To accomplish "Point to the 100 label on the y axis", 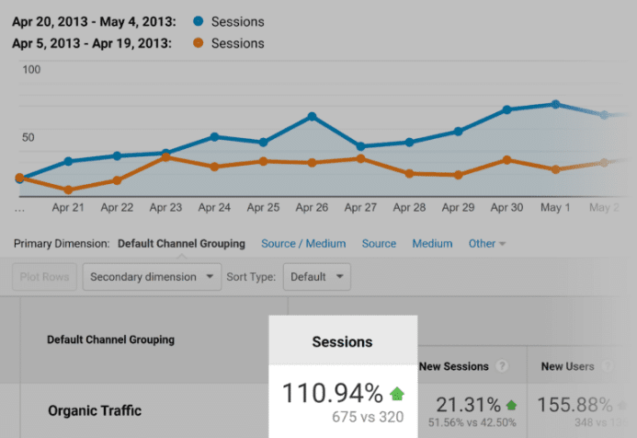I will point(31,70).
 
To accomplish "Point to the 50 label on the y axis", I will point(28,138).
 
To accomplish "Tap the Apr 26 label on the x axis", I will point(313,208).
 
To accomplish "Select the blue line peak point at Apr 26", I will point(313,117).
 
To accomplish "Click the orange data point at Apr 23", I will point(165,157).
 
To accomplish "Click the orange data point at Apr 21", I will point(68,190).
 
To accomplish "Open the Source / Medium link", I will point(303,244).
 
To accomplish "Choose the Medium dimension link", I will point(432,244).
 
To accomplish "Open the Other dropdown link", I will point(487,244).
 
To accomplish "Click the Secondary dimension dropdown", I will point(153,276).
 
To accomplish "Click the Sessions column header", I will point(342,341).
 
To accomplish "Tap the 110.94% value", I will point(332,394).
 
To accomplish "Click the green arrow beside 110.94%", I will point(397,394).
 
